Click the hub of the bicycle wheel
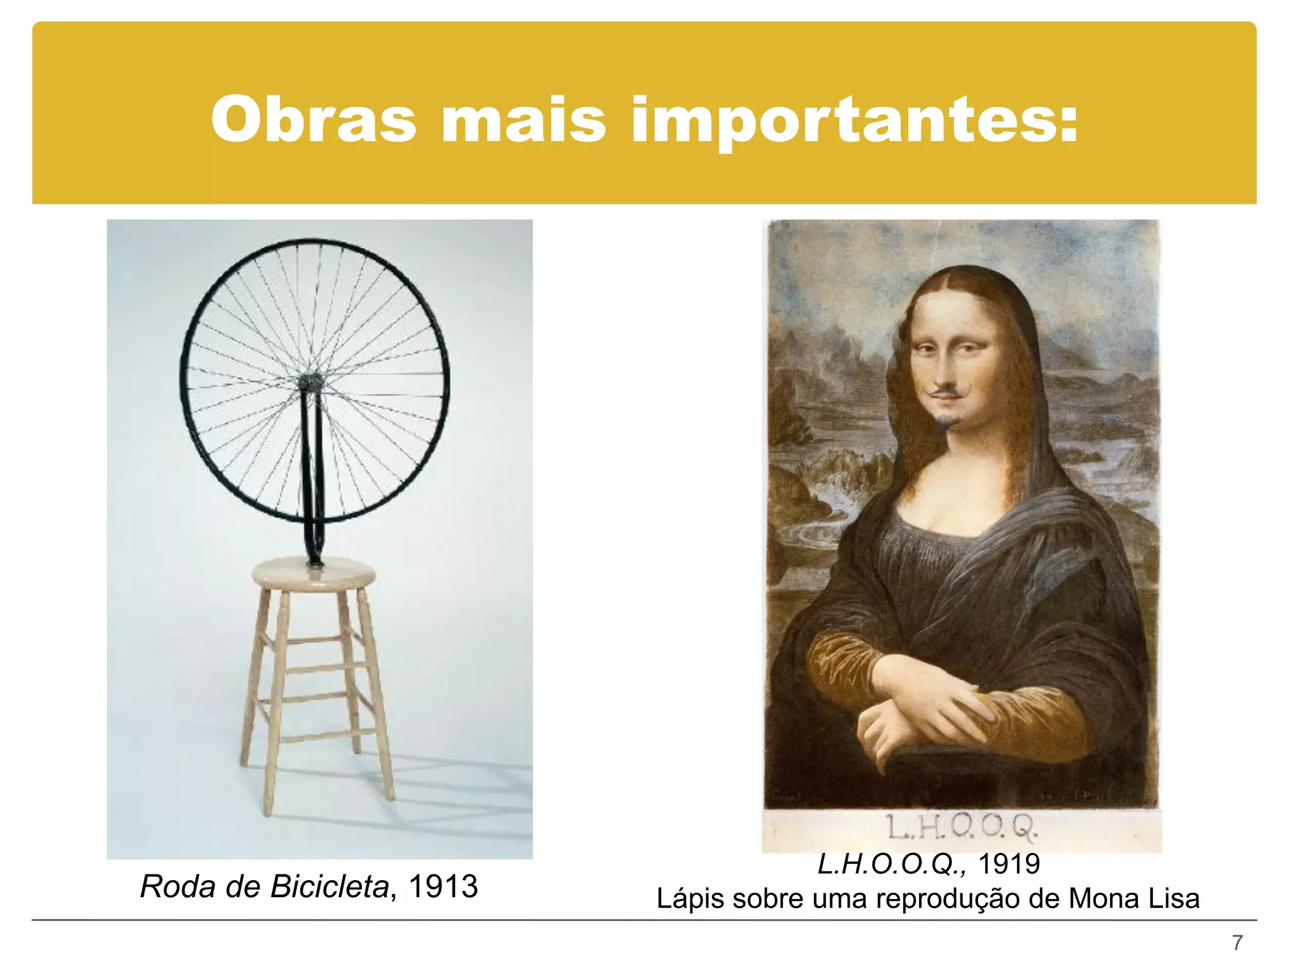311,382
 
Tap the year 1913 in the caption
443,886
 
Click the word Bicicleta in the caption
329,886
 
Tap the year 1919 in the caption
1009,864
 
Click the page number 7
1237,943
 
